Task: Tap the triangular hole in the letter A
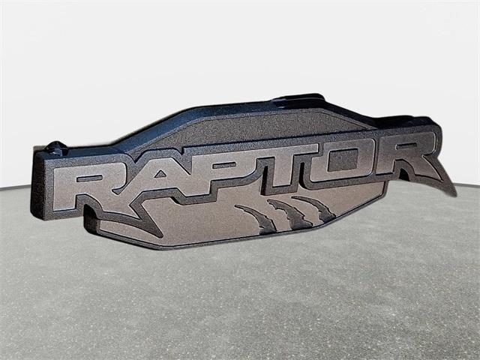(160, 174)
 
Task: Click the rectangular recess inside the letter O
(342, 160)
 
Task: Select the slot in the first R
(89, 178)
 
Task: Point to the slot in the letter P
(224, 165)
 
